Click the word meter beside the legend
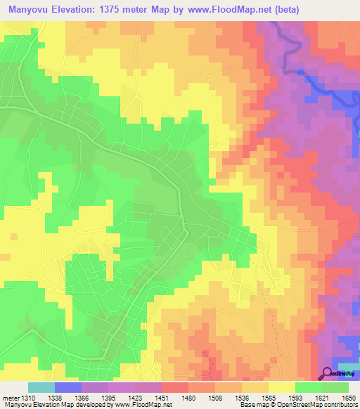pyautogui.click(x=9, y=398)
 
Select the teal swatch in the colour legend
pyautogui.click(x=41, y=387)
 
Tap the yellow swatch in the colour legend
pyautogui.click(x=282, y=387)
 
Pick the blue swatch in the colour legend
pyautogui.click(x=68, y=387)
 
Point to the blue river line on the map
pyautogui.click(x=323, y=89)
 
